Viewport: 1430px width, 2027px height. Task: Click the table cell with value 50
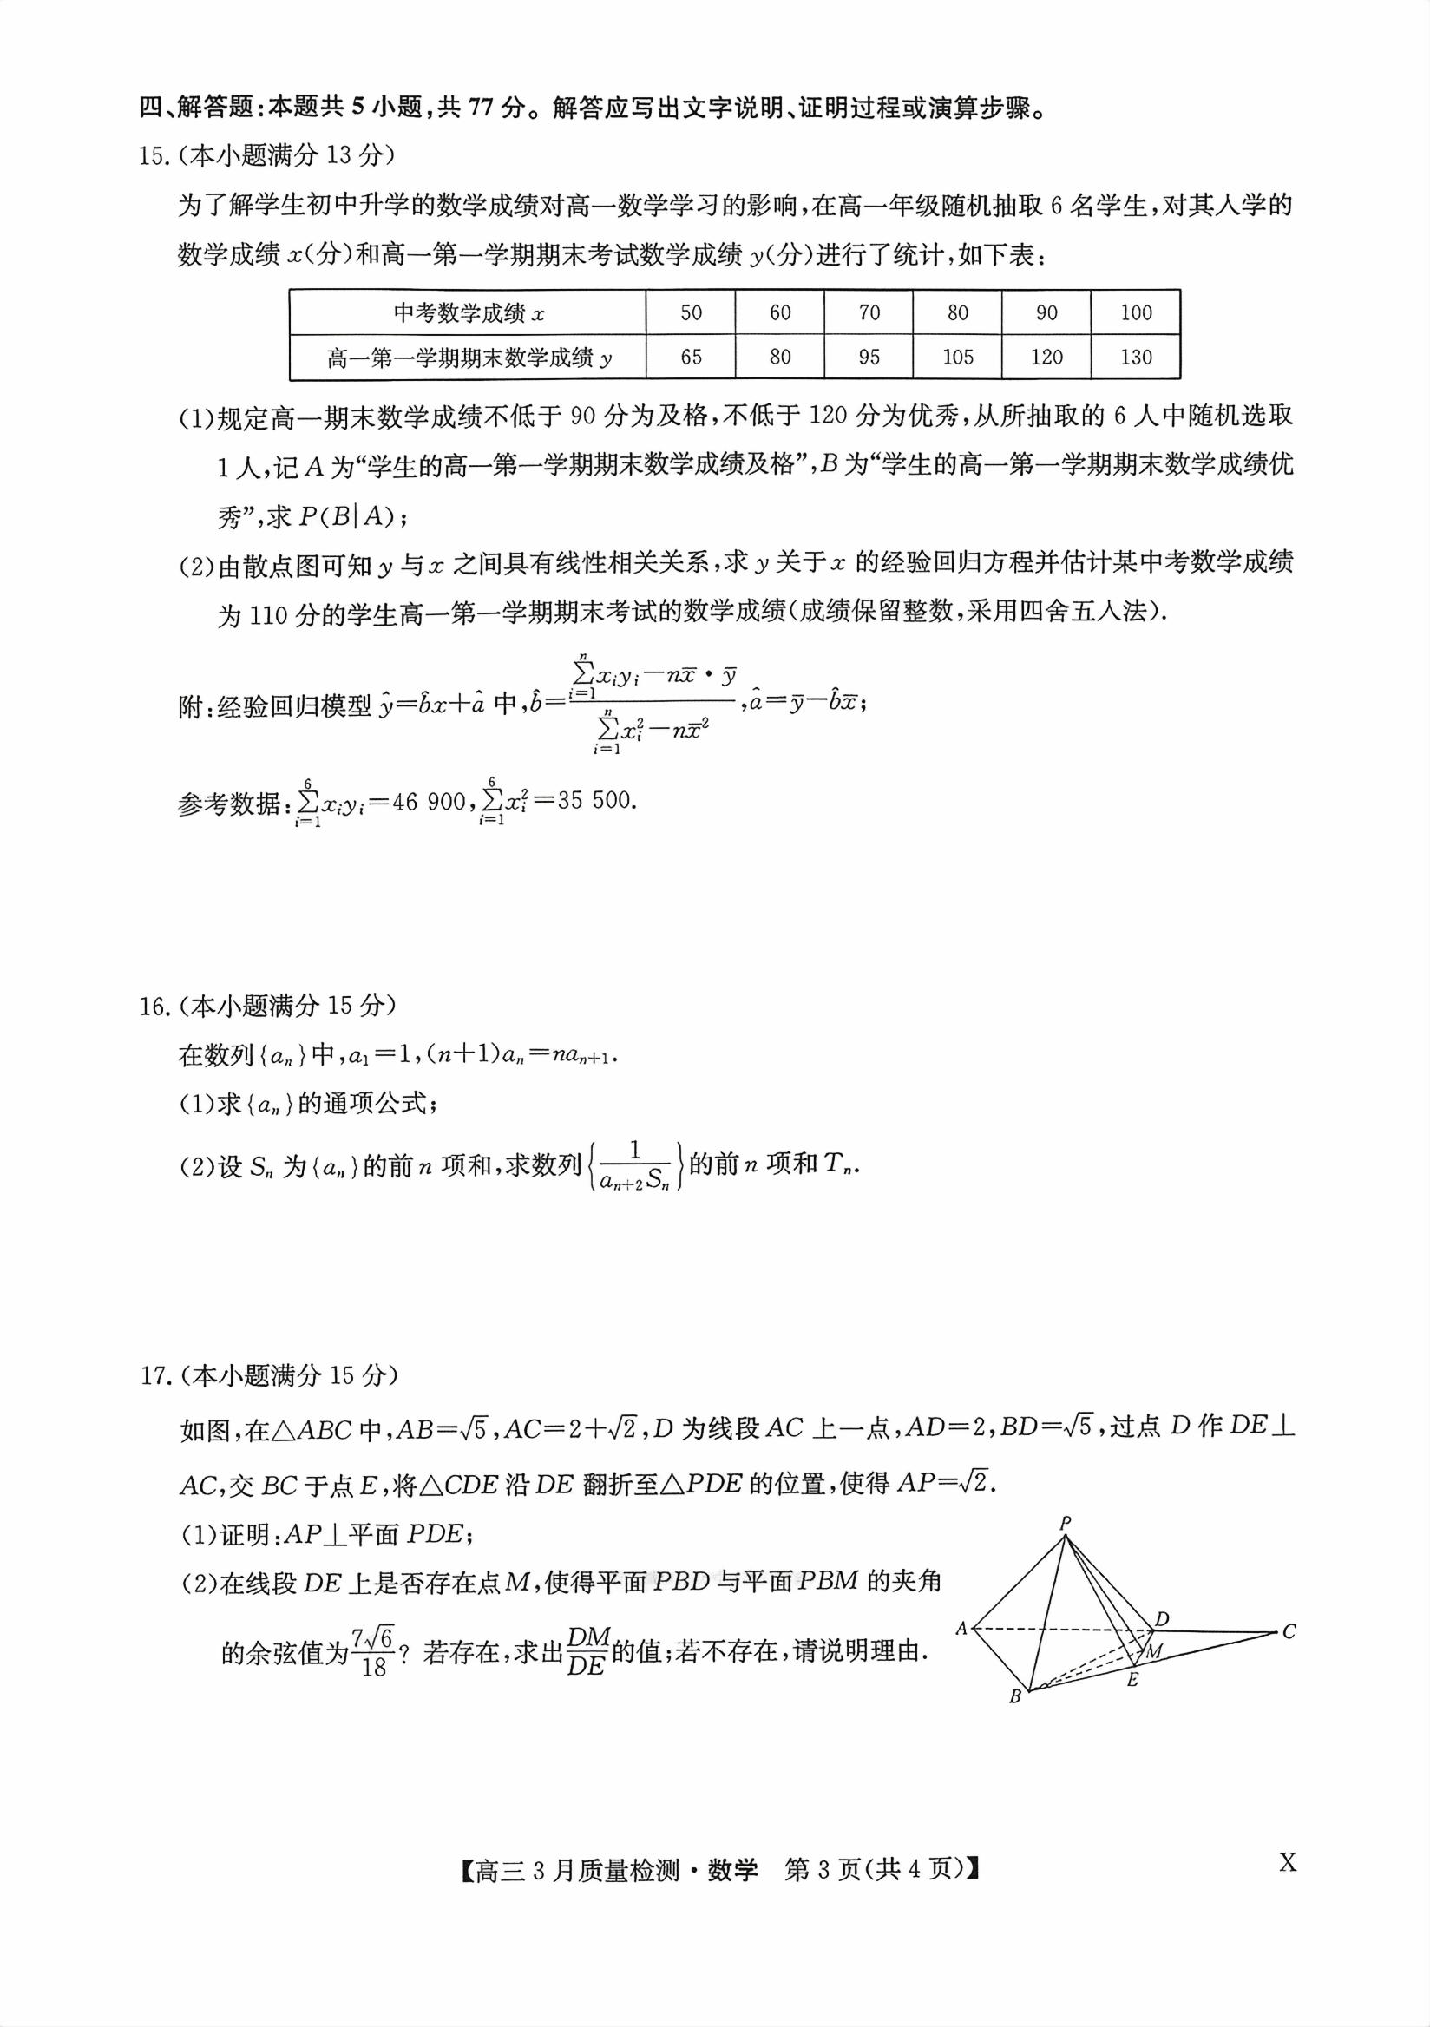click(692, 312)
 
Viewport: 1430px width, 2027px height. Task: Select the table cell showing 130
click(1136, 358)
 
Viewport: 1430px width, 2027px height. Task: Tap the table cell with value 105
click(958, 358)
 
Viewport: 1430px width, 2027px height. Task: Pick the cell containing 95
click(869, 358)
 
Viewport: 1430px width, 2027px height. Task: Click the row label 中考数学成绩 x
click(469, 313)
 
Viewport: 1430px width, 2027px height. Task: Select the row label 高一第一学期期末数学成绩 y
click(469, 358)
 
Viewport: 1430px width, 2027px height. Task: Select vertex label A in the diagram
click(961, 1629)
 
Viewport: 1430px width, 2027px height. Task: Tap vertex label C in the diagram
click(1289, 1631)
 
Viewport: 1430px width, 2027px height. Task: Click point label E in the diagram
click(1132, 1680)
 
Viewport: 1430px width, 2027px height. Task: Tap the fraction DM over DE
click(587, 1651)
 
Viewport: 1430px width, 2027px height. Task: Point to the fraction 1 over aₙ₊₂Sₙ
click(634, 1167)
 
